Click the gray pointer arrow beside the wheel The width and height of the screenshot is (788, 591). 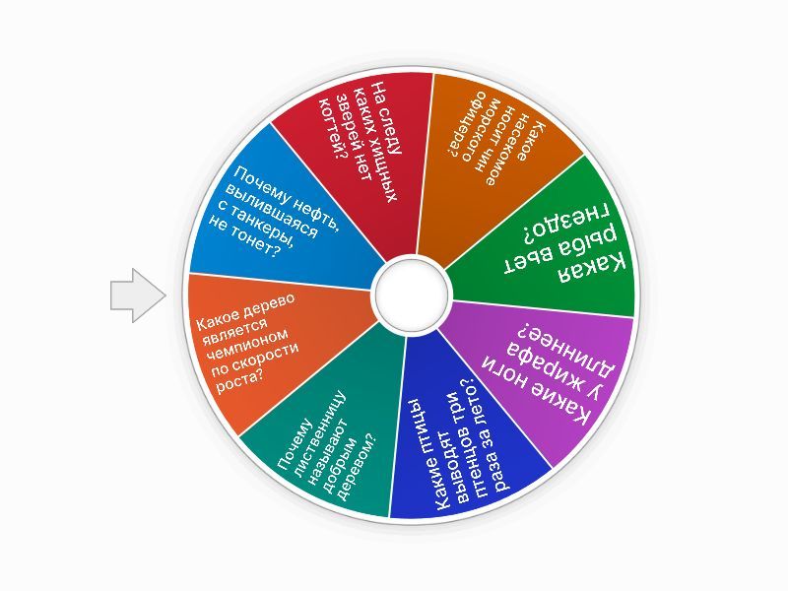138,295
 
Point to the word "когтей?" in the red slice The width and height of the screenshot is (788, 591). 333,128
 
